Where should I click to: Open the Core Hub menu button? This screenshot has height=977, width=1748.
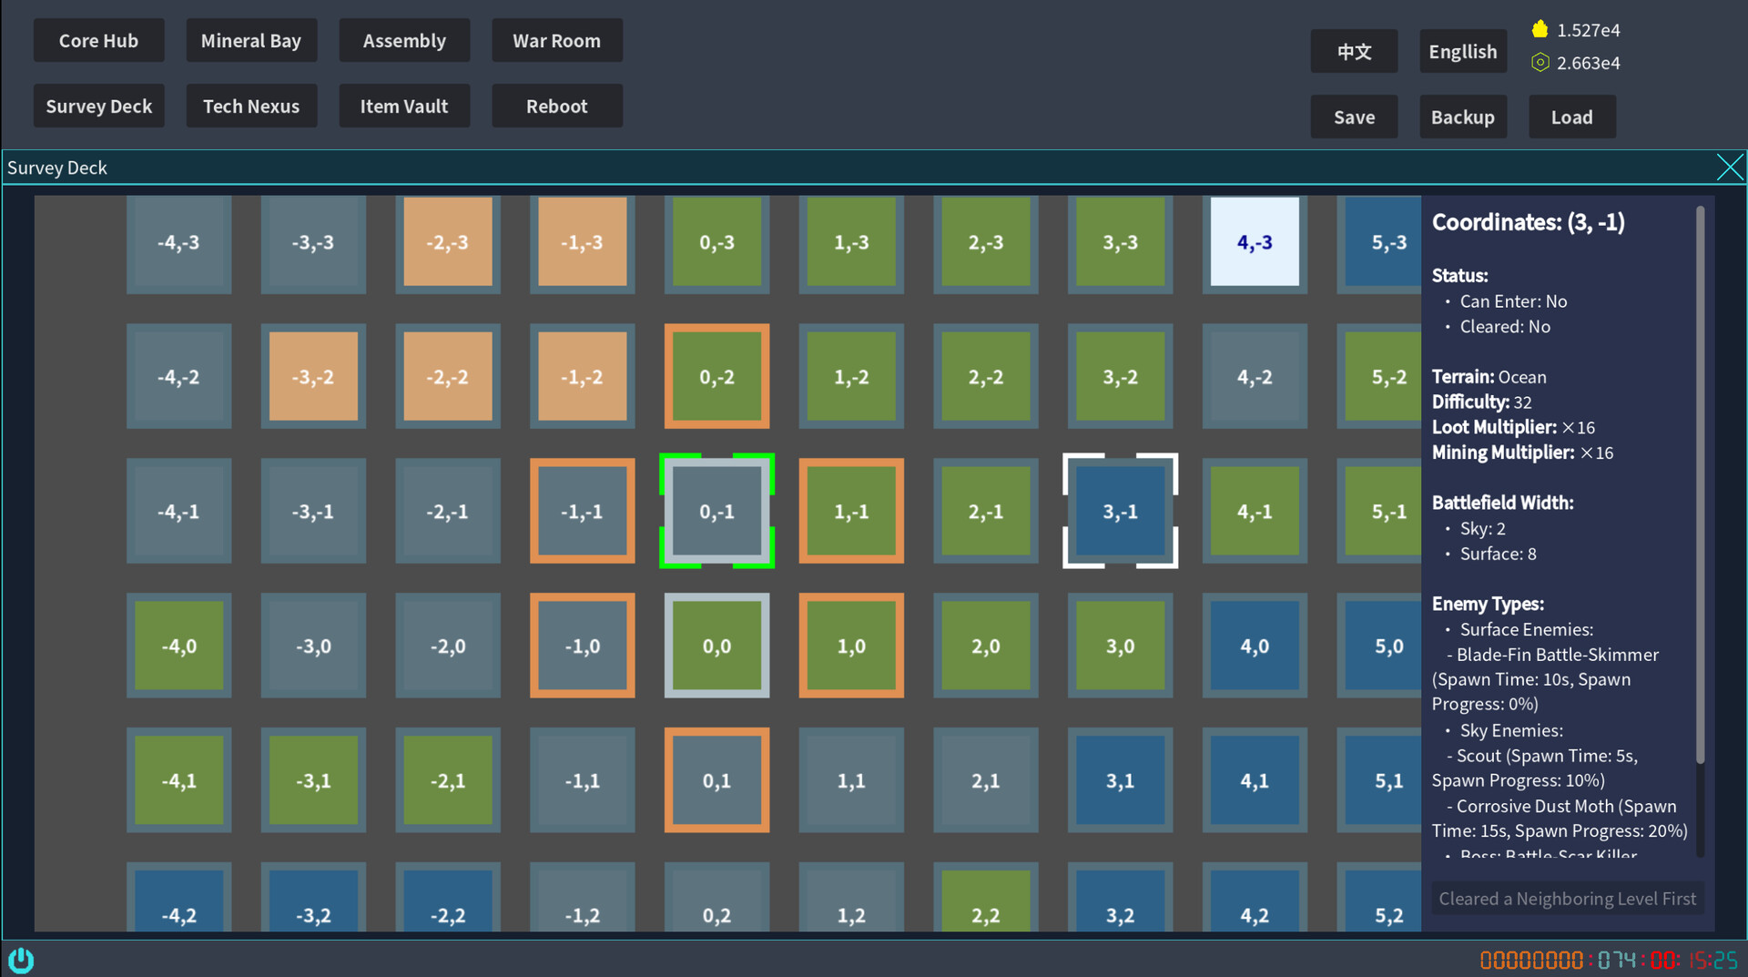point(98,41)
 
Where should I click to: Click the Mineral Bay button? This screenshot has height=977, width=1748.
point(251,41)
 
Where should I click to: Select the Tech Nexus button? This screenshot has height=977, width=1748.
point(251,107)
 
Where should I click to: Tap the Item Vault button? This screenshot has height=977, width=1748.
point(404,107)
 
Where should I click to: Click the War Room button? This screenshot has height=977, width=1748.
point(556,41)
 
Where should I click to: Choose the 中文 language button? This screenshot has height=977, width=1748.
point(1354,52)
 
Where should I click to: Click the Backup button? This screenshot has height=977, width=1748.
point(1462,117)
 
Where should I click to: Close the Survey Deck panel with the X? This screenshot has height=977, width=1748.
point(1729,168)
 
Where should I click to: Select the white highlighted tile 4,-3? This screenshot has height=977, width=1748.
point(1255,242)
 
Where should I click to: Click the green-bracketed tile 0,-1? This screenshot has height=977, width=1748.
point(716,512)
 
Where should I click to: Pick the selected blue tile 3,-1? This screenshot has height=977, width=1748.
point(1120,512)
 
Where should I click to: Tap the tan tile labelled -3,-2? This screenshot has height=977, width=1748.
point(313,377)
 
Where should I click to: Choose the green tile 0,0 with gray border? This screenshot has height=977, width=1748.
point(716,646)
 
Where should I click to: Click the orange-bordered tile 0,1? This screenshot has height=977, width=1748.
point(716,780)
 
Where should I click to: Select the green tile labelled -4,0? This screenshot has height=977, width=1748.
point(178,646)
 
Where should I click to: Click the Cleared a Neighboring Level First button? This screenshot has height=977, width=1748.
point(1567,899)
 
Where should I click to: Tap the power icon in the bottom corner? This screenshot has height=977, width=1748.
point(21,960)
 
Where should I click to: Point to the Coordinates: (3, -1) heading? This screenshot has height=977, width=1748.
point(1528,222)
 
